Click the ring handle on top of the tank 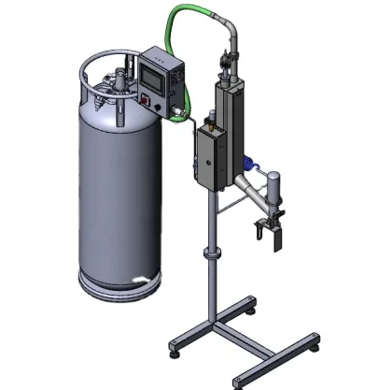[93, 69]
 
